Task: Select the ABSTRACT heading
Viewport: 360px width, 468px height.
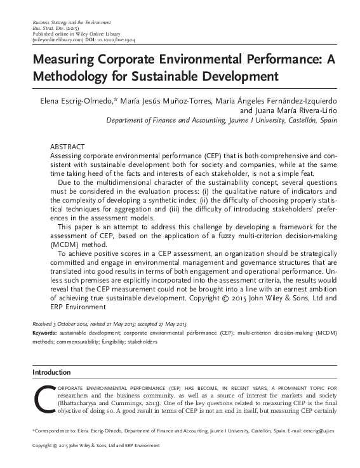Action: tap(67, 146)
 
